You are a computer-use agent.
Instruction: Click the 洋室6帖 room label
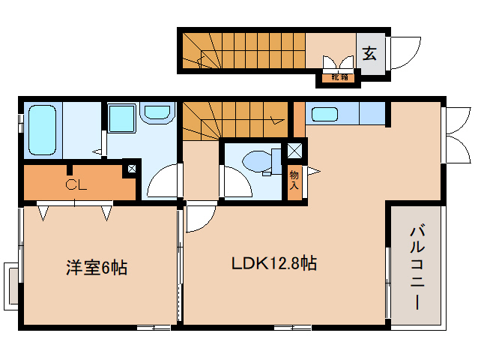(x=97, y=268)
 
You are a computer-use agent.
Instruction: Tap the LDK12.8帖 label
(x=274, y=263)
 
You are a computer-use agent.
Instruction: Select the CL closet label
(x=76, y=184)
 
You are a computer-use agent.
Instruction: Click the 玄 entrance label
(x=369, y=53)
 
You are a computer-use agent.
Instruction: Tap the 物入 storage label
(x=294, y=180)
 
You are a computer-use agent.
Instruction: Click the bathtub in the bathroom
(x=43, y=130)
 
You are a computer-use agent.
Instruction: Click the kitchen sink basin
(x=324, y=115)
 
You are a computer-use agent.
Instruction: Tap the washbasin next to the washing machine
(x=157, y=113)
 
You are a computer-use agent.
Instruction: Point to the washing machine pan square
(x=122, y=118)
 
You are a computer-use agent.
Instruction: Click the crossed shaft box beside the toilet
(x=294, y=151)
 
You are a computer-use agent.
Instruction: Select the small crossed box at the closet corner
(x=132, y=169)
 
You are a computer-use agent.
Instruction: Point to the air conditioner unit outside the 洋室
(x=11, y=286)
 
